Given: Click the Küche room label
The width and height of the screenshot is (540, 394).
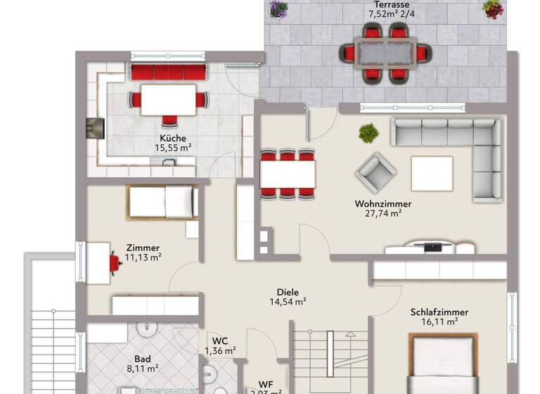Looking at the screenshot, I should click(172, 138).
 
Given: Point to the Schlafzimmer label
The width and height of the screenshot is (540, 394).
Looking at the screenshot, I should click(439, 312).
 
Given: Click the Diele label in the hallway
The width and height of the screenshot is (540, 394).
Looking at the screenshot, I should click(288, 292).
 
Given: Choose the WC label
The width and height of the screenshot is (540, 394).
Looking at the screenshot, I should click(220, 341).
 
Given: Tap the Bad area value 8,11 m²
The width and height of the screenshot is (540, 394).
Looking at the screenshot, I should click(141, 368).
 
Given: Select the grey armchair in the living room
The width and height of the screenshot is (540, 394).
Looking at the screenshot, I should click(375, 172).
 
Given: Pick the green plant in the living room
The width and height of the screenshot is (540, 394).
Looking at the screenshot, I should click(368, 132).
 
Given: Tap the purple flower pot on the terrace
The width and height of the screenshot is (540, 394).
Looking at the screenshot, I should click(278, 9).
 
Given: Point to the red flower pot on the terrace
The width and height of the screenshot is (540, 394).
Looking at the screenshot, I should click(493, 9).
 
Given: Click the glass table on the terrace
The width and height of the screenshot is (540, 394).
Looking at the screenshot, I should click(384, 52).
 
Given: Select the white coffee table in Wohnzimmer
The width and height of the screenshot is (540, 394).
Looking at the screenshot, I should click(432, 173).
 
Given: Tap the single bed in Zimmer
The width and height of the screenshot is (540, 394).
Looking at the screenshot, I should click(162, 203).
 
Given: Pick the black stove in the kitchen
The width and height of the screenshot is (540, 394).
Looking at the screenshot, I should click(95, 128).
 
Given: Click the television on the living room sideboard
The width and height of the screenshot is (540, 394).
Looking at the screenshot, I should click(432, 246).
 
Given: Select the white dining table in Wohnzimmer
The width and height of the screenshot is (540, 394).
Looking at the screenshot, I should click(288, 174).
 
